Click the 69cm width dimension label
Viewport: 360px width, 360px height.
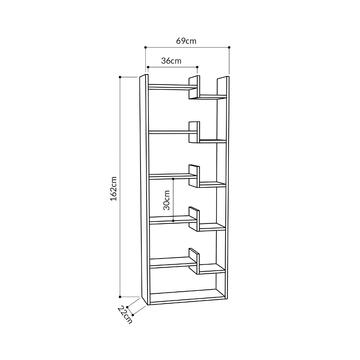tap(186, 41)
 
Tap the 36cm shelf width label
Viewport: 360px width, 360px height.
tap(171, 61)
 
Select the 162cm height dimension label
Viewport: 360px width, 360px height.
tap(114, 189)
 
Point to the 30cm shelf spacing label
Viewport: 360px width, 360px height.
tap(167, 199)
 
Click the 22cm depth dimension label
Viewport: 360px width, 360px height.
tap(125, 315)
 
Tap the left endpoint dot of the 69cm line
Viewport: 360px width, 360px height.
tap(146, 47)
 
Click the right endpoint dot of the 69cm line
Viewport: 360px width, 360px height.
tap(230, 47)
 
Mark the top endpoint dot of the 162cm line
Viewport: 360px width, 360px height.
tap(120, 77)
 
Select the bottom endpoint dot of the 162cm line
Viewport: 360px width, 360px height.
tap(120, 296)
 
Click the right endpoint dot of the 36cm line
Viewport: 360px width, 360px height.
tap(197, 67)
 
